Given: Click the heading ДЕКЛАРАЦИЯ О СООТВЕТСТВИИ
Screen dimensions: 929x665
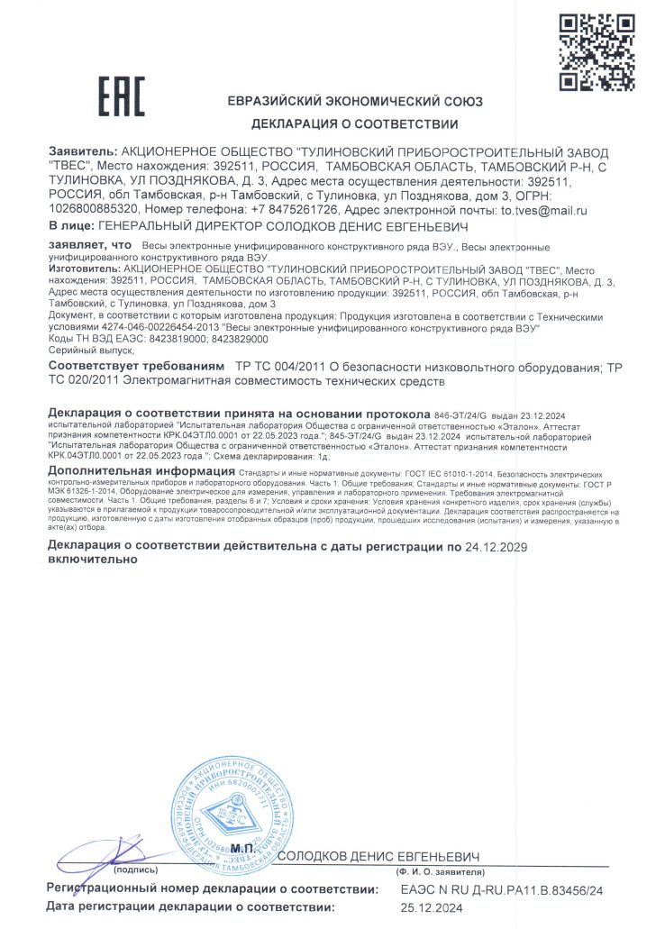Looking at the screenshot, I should pyautogui.click(x=354, y=124).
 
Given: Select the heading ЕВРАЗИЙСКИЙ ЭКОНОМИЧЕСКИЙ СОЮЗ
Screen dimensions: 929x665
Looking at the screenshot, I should pyautogui.click(x=354, y=101).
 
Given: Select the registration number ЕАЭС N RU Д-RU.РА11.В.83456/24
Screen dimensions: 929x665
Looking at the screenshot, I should pyautogui.click(x=500, y=889).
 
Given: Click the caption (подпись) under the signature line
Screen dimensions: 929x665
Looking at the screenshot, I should pyautogui.click(x=136, y=870).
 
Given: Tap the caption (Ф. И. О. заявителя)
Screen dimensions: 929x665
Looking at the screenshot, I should pyautogui.click(x=438, y=873).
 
